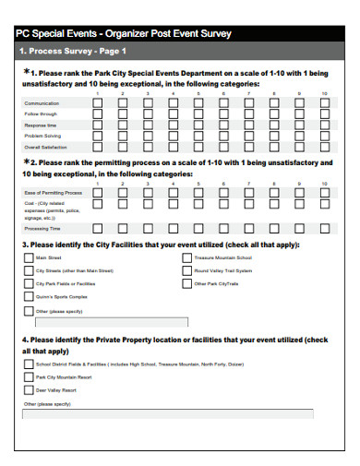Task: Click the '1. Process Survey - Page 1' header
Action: (x=74, y=51)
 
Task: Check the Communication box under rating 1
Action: (x=98, y=104)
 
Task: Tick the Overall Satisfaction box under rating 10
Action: (x=324, y=146)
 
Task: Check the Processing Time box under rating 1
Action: (x=98, y=228)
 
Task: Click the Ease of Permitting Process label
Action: (x=53, y=192)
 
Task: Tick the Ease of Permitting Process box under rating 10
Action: (x=324, y=192)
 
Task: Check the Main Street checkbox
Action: (x=29, y=258)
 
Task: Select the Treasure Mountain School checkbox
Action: (x=187, y=258)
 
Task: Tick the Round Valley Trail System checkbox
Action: (x=187, y=271)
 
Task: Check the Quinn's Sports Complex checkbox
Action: (x=29, y=297)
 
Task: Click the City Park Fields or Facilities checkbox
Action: (x=29, y=284)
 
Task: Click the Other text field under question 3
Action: (x=111, y=322)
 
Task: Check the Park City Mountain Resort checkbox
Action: (x=29, y=376)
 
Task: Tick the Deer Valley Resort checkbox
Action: (x=29, y=389)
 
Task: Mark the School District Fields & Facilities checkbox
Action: (x=29, y=364)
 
